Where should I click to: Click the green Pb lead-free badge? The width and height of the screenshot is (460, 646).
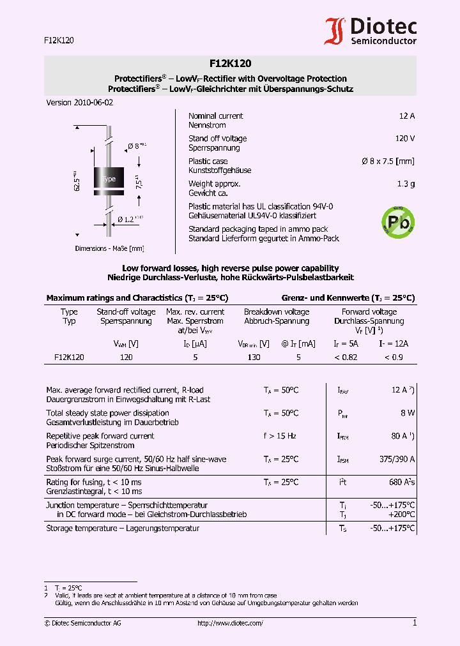(397, 222)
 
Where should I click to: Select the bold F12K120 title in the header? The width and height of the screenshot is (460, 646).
(230, 63)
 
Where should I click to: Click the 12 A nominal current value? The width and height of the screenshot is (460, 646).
(406, 116)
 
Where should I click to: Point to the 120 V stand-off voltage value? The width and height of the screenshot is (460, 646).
(404, 139)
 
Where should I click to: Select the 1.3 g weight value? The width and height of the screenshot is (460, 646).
(406, 184)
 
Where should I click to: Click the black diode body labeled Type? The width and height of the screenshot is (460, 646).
(109, 179)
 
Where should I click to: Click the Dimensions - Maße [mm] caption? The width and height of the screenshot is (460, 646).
(109, 248)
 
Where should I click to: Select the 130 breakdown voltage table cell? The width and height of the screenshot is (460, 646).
(254, 357)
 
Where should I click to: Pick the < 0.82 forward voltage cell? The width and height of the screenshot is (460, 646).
(346, 357)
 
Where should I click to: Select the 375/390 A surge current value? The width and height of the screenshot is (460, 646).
(397, 459)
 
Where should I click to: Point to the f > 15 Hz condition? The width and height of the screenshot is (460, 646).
(280, 436)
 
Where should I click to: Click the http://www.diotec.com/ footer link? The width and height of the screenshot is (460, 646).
(230, 623)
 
